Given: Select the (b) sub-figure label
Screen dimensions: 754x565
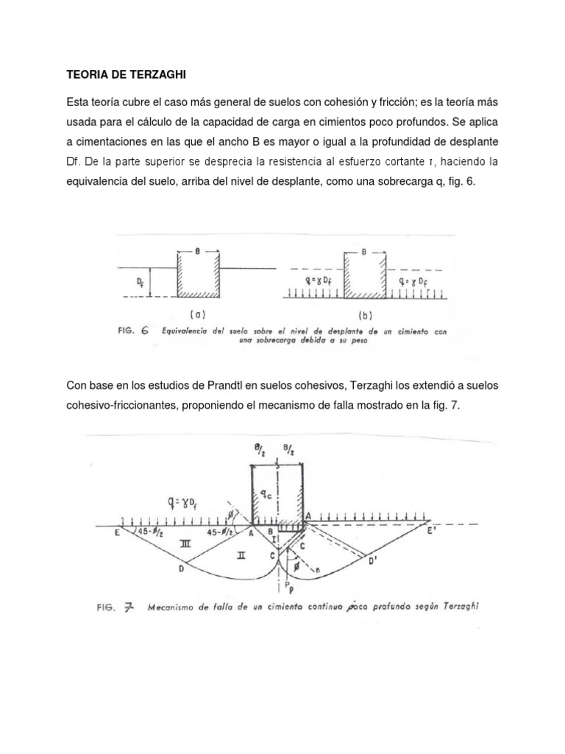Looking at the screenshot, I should click(x=364, y=312).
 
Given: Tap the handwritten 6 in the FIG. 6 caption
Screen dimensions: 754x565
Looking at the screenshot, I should click(x=146, y=331).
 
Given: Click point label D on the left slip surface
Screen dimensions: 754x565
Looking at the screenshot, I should click(x=180, y=568).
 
